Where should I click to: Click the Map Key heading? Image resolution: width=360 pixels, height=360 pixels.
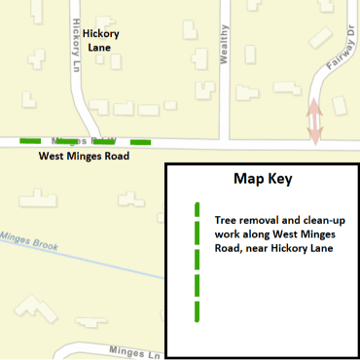pyautogui.click(x=262, y=180)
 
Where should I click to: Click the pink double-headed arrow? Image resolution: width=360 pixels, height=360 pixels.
pyautogui.click(x=314, y=122)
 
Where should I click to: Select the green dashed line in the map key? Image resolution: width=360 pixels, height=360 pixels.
pyautogui.click(x=197, y=263)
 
